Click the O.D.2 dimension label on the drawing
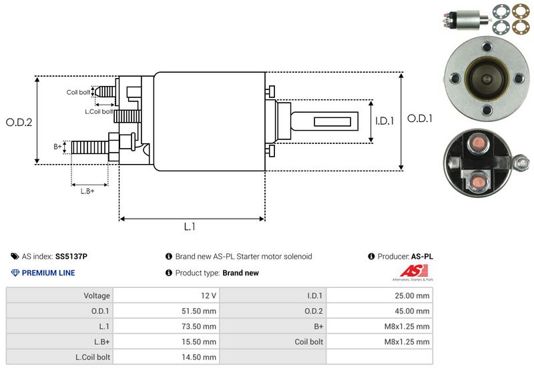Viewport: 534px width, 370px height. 19,122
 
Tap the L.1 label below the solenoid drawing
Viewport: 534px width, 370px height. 190,227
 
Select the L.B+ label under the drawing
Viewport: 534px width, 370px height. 87,191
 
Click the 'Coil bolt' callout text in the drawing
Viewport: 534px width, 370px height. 77,92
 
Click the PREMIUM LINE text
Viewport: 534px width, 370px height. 48,273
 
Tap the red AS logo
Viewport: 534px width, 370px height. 409,271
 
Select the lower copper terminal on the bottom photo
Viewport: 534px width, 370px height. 477,180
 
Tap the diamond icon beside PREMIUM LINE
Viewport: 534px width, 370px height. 15,273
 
